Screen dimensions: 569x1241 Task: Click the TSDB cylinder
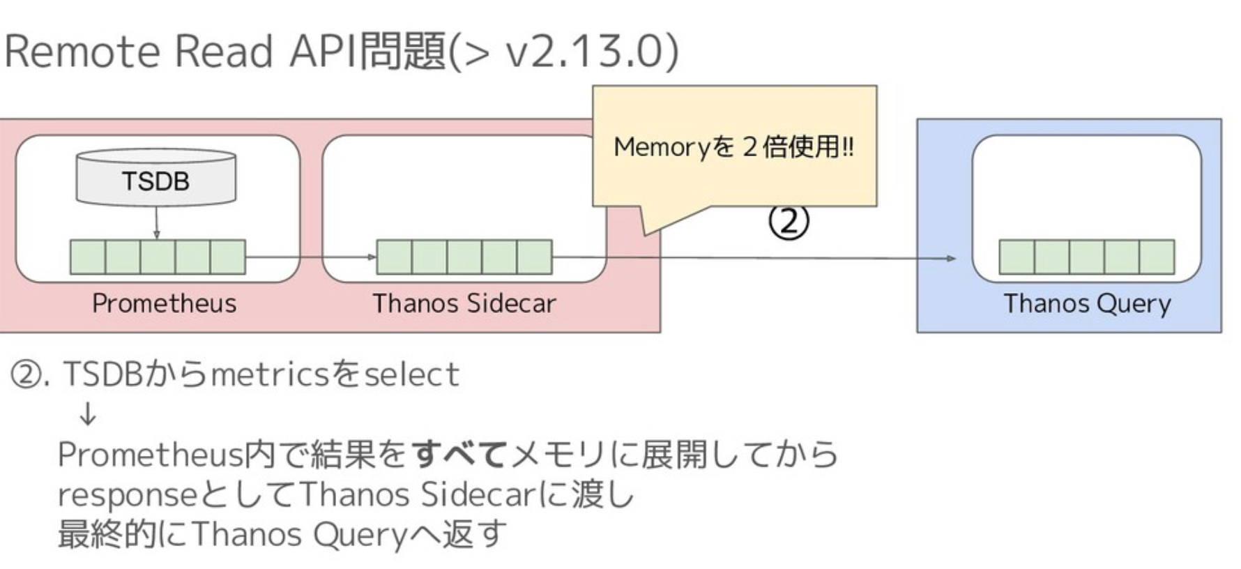155,179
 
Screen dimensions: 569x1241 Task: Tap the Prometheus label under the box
164,303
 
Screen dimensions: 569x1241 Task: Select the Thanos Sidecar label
464,303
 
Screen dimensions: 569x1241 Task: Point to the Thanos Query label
1087,303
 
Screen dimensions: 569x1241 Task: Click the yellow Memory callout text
733,147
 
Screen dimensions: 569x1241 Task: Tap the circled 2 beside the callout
789,221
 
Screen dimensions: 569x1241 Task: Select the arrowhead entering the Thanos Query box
951,258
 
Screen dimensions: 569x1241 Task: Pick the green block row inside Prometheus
158,257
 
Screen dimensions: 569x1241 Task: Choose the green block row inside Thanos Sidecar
464,257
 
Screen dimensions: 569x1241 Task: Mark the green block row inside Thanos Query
1086,257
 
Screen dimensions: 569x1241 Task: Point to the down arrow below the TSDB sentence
88,416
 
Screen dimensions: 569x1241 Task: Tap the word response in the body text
128,495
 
